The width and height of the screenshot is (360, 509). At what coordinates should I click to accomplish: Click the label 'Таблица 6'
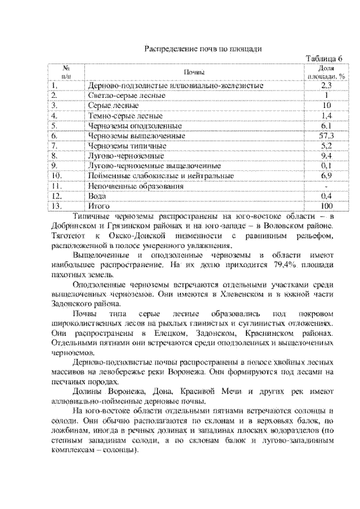[323, 59]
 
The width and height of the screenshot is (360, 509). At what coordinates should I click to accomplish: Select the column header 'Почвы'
[193, 71]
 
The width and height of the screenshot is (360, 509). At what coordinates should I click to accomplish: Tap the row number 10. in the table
[55, 176]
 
